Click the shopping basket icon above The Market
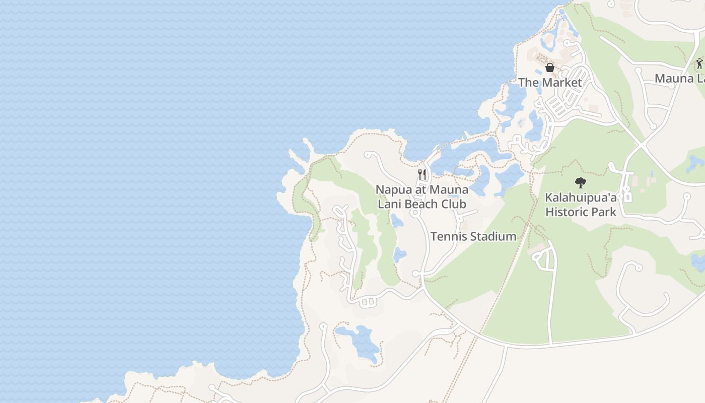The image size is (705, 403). (550, 67)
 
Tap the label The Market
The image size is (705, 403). (550, 82)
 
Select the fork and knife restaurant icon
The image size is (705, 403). (422, 175)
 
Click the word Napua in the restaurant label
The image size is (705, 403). (394, 190)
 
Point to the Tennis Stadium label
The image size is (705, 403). (473, 236)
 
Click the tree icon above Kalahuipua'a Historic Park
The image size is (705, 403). (581, 182)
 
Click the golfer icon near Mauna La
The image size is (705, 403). (699, 63)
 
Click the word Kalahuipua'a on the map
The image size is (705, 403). (581, 197)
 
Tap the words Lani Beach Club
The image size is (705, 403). (422, 204)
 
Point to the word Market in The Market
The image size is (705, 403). (561, 82)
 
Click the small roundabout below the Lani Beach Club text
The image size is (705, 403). (415, 213)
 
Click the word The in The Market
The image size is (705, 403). (528, 82)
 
